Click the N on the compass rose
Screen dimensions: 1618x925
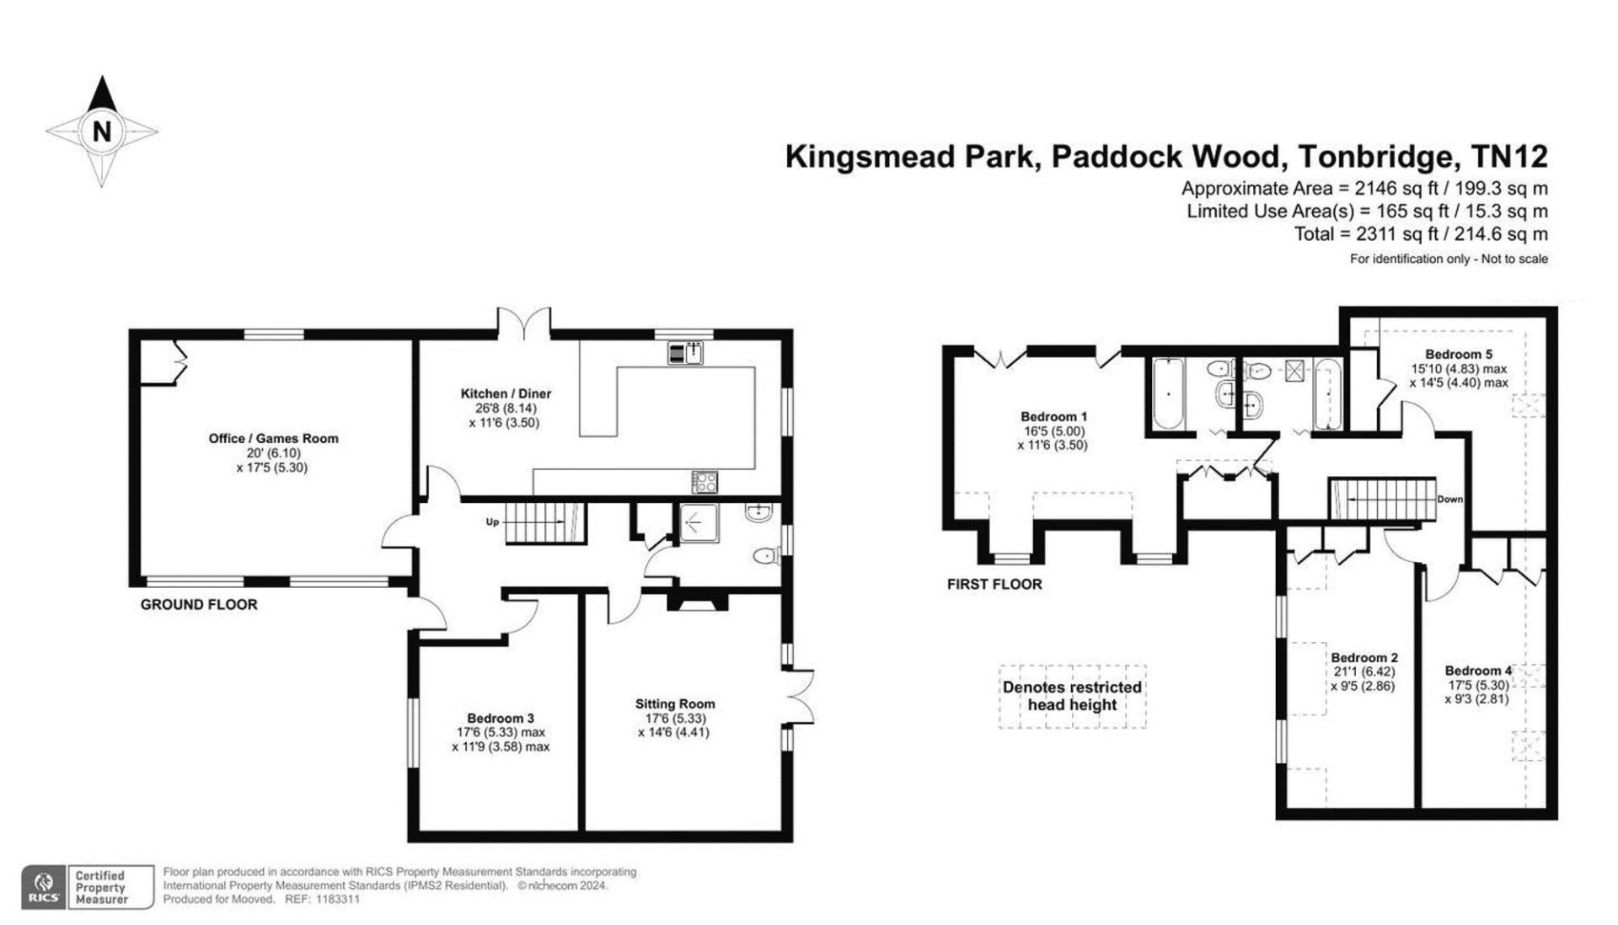102,131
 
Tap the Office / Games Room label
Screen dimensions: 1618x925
273,438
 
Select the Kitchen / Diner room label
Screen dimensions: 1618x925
506,393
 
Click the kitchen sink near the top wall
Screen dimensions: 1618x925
686,352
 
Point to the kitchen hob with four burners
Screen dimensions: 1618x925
705,482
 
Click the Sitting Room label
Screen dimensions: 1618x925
675,703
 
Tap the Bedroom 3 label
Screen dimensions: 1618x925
501,718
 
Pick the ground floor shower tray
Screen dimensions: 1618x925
699,523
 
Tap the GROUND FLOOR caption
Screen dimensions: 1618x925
199,604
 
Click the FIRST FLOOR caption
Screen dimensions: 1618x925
994,584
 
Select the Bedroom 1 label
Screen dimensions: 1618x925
1053,416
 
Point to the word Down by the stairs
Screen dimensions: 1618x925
1450,500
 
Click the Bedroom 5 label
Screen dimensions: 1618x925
1459,355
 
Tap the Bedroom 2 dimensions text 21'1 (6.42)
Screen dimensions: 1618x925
1364,672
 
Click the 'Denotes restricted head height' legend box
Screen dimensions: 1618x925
1072,696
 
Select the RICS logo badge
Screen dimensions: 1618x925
45,887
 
